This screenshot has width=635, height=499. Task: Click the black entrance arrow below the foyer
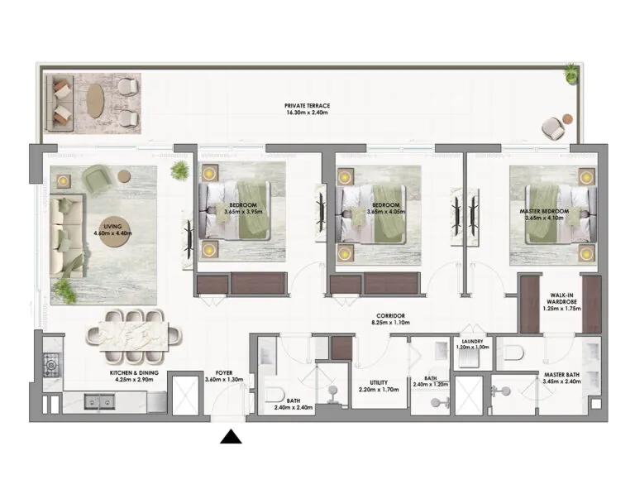231,437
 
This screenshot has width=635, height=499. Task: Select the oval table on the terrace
95,100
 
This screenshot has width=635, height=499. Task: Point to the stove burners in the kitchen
51,365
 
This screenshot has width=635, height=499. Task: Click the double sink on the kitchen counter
99,402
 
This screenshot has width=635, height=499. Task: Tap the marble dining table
134,336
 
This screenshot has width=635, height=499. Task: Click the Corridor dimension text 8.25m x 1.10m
390,323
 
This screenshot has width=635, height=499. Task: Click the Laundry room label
472,342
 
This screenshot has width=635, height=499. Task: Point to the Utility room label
379,382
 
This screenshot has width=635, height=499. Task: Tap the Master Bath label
561,375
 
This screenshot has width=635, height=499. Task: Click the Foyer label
224,373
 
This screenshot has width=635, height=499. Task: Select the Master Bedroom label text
544,212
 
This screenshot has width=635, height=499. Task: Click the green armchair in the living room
98,180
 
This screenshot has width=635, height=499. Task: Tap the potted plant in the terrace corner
571,74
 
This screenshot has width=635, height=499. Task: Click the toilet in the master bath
514,352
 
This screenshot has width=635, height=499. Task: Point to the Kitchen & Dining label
134,372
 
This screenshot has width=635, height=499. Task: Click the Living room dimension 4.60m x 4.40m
112,233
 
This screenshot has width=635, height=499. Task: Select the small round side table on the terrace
568,119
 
